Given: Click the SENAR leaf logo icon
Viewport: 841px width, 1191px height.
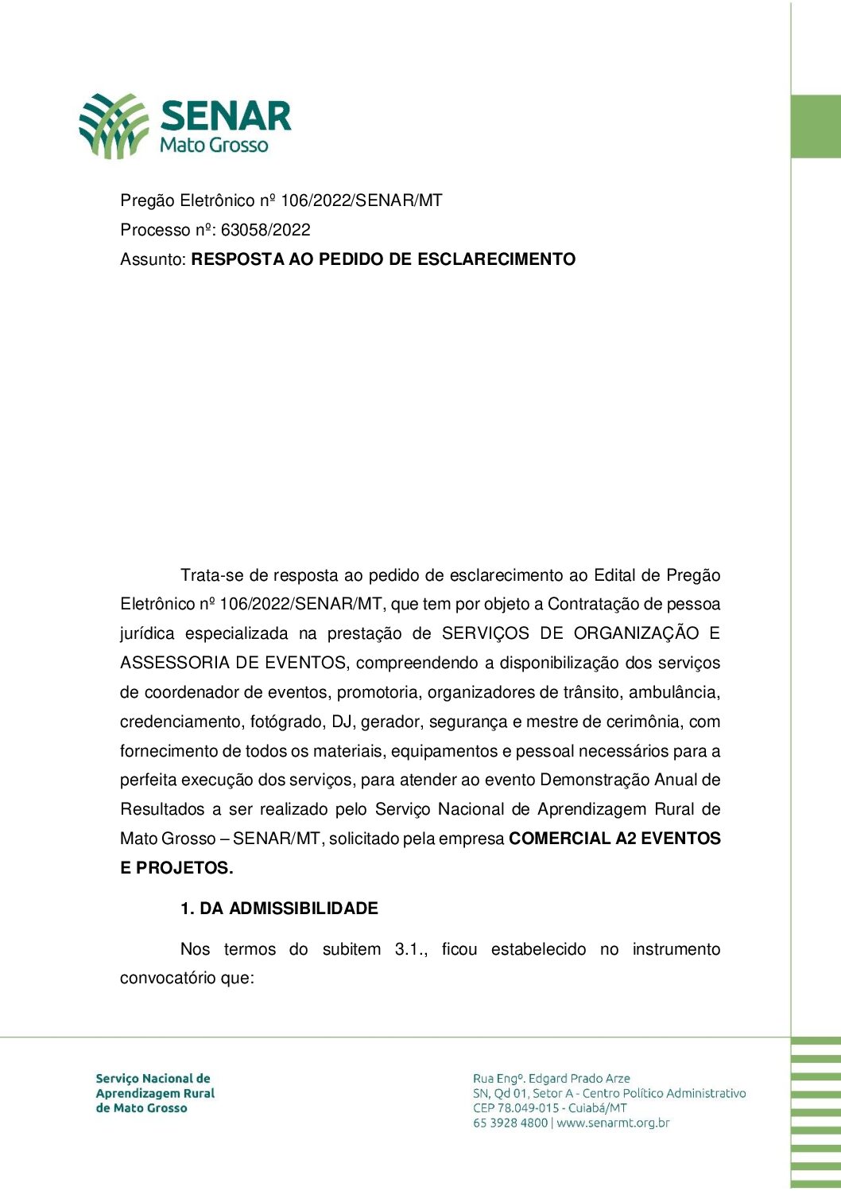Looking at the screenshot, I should pos(114,125).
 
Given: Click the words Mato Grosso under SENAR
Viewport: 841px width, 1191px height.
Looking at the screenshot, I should pos(214,146).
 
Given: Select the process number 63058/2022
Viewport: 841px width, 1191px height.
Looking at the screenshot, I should pos(265,230).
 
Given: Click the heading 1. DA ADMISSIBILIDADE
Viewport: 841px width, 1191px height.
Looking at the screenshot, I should pos(279,909).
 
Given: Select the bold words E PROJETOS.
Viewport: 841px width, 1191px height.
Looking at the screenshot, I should pos(176,868).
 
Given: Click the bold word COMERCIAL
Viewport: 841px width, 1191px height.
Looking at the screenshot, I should pos(560,839).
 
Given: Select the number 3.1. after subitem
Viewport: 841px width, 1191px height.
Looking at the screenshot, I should pos(411,949).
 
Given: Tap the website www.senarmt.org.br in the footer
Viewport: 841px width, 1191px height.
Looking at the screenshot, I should pos(613,1123).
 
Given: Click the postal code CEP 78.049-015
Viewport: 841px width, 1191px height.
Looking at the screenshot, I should pos(516,1108).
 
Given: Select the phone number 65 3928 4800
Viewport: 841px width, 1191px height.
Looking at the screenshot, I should pos(510,1123).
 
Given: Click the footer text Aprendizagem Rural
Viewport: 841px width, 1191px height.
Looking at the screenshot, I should pos(155,1093).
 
